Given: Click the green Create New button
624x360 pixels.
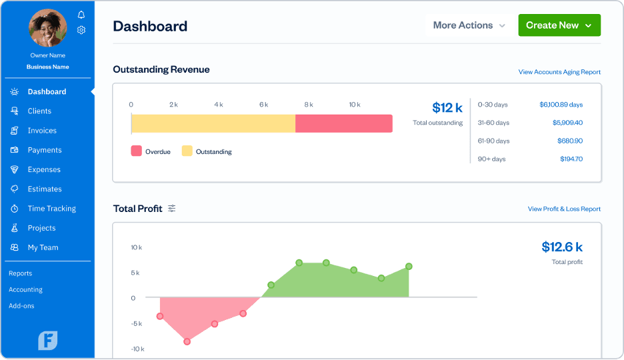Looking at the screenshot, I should tap(559, 25).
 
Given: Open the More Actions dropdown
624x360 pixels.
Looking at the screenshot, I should tap(469, 25).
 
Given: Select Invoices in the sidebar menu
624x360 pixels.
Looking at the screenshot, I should tap(41, 131).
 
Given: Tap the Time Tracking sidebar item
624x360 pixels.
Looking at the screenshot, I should tap(51, 209).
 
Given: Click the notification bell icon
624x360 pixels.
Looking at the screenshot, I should tap(81, 15).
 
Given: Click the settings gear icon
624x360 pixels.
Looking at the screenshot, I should tap(81, 30).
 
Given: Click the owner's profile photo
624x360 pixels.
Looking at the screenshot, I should tap(48, 27).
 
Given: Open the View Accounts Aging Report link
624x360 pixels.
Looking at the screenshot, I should tap(559, 72).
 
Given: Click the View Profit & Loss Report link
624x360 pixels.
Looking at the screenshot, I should tap(564, 209).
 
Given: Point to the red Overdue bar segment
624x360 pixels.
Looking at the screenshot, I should tap(343, 123).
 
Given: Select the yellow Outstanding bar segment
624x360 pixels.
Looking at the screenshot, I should tap(213, 123).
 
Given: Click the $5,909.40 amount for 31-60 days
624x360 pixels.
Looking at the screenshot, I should tap(567, 123).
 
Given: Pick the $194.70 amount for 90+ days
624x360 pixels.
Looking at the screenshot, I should tap(571, 159).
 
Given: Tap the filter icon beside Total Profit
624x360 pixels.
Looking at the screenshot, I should tap(172, 209).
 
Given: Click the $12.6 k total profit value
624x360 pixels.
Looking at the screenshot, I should tap(562, 247).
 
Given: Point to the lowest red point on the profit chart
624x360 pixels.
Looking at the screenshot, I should tap(187, 341).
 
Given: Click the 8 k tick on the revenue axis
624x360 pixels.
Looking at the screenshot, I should tap(309, 105).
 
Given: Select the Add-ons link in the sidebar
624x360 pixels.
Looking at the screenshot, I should tap(21, 306).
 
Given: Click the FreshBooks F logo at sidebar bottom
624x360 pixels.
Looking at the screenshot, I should tap(48, 340).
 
